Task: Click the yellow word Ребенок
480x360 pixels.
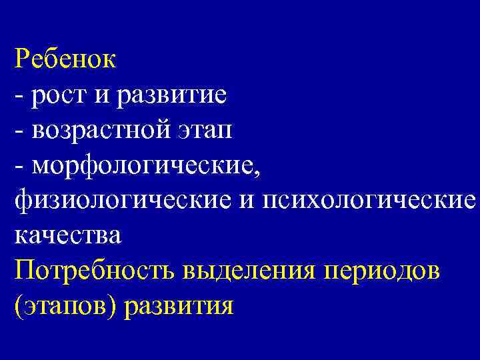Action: point(65,59)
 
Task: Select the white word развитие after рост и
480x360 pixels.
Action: point(171,95)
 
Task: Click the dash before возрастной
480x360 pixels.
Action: point(17,131)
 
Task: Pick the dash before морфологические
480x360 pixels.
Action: point(17,167)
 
